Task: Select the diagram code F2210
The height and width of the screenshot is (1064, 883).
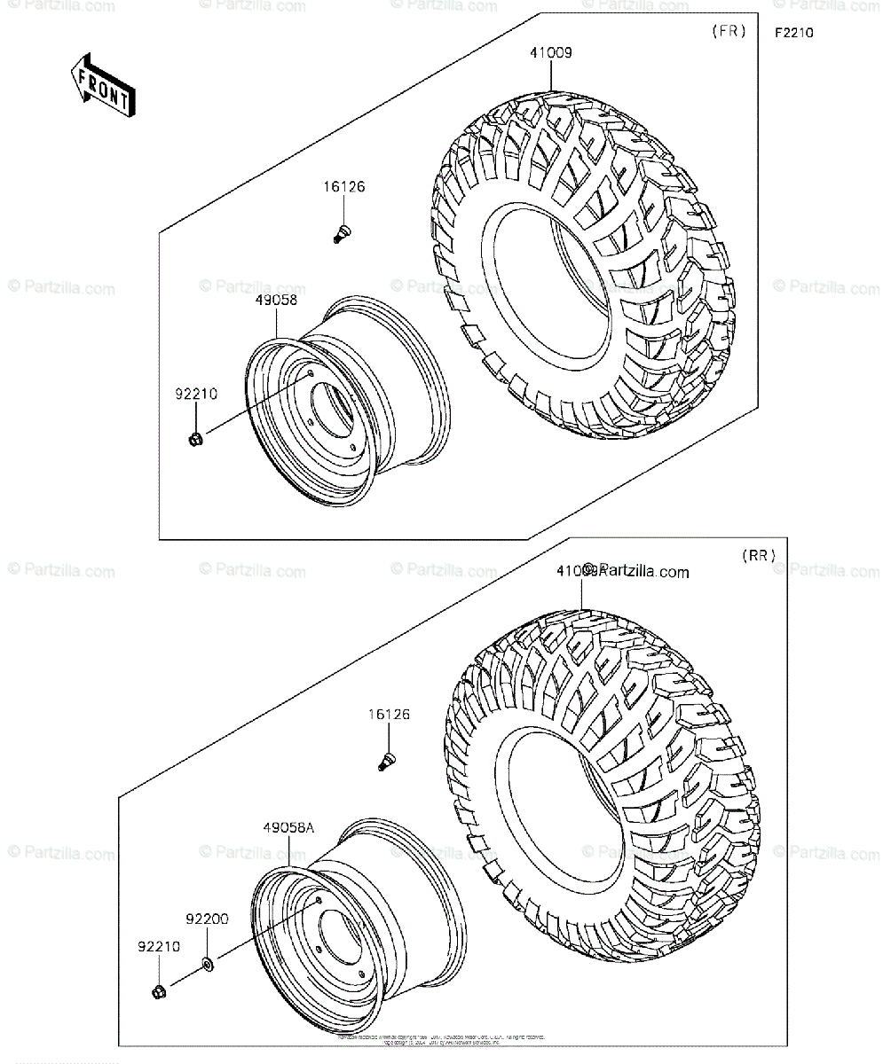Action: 793,34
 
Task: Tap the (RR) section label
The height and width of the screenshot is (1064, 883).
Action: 759,556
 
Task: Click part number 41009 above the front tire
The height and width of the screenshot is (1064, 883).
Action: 552,52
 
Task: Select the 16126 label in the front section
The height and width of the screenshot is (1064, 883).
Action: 343,187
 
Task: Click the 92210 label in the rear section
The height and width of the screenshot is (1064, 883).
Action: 158,946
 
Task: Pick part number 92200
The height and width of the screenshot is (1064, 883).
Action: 207,919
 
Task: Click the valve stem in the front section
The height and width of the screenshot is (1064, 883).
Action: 340,234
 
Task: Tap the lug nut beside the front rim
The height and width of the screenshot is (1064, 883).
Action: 196,438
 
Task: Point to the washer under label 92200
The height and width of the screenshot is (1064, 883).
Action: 206,963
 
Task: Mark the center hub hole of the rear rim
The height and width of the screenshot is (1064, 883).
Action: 338,943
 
